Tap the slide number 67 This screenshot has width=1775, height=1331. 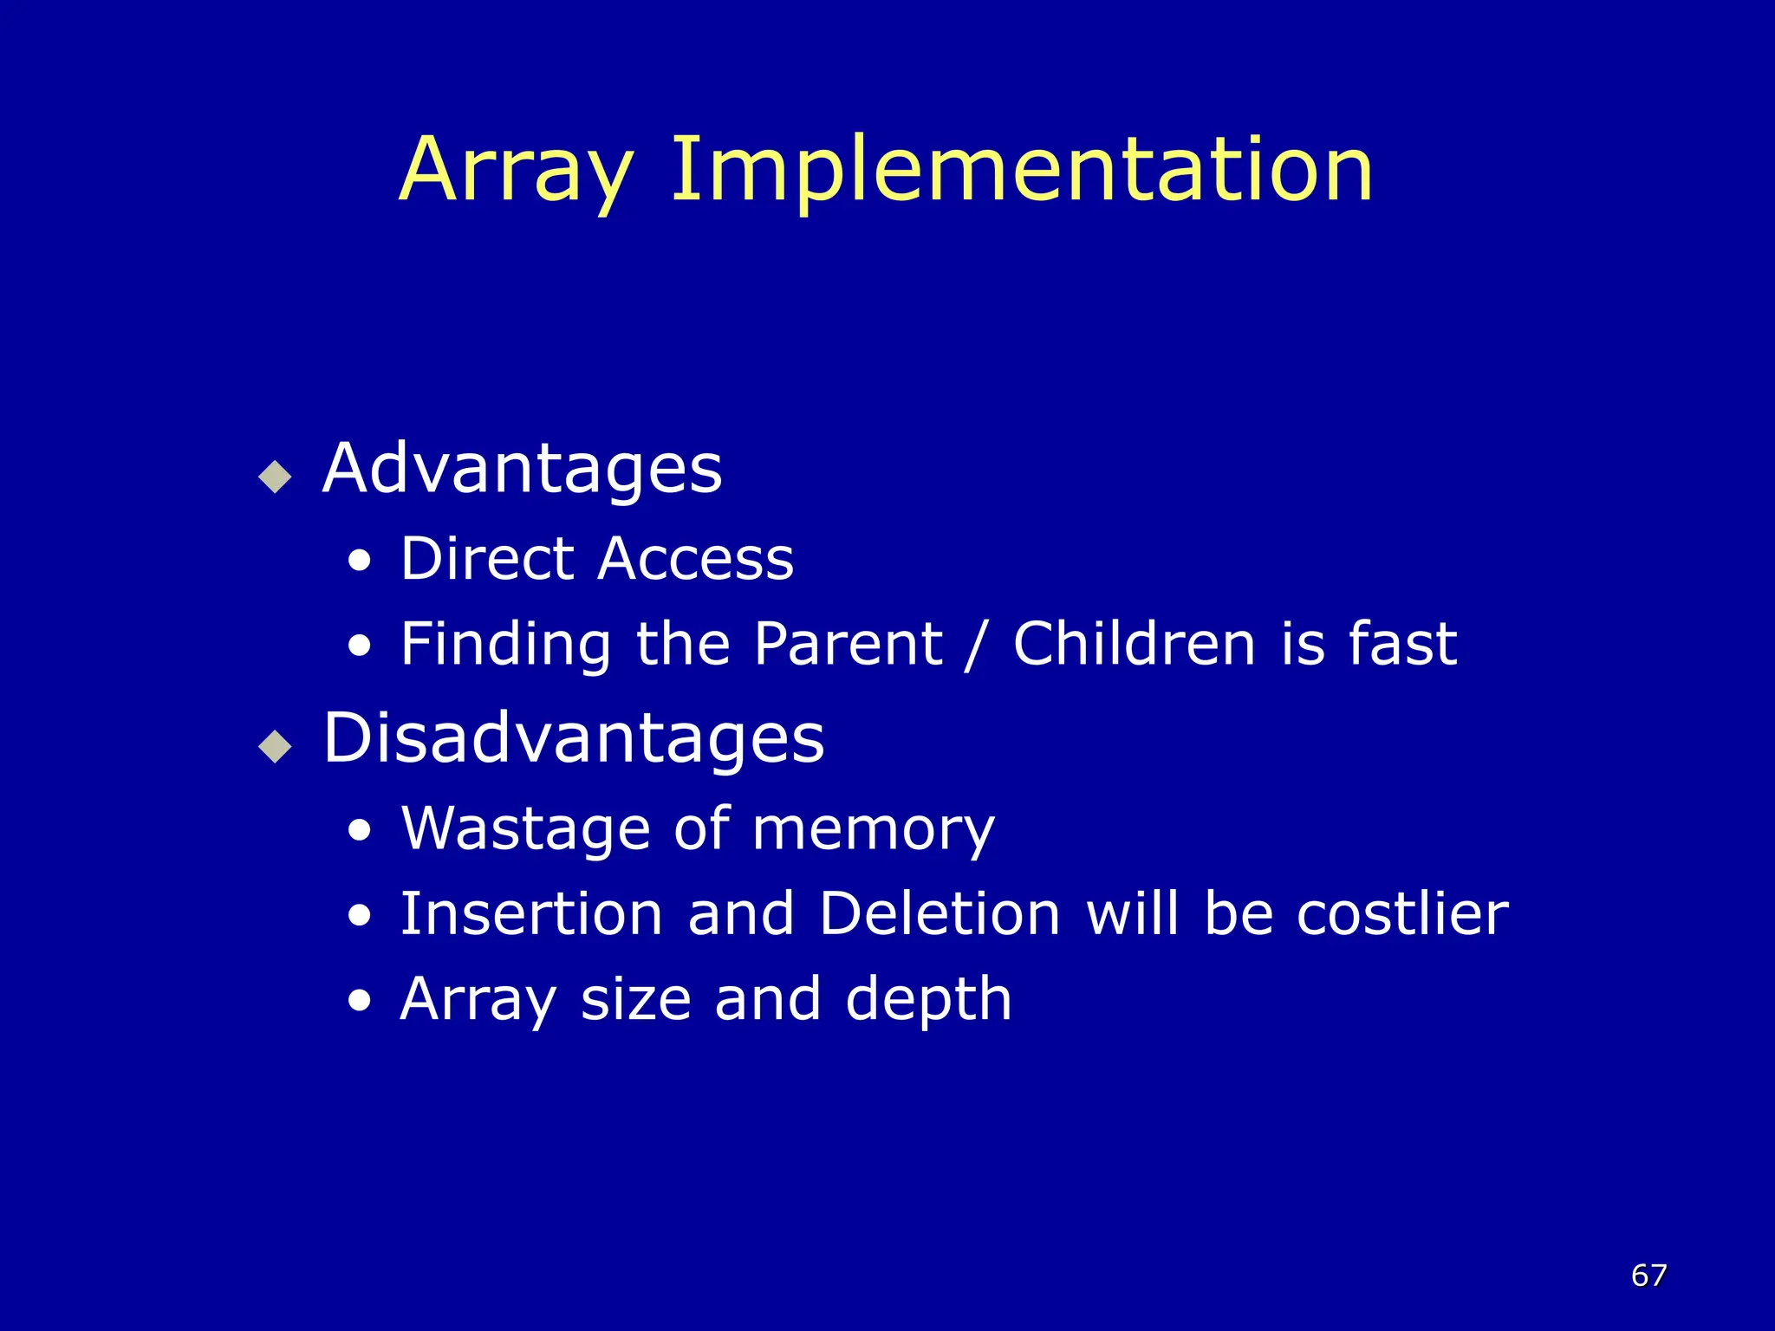[x=1648, y=1276]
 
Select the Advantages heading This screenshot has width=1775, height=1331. [x=522, y=469]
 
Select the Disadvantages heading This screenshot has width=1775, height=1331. [x=573, y=738]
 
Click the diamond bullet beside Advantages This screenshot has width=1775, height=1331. [x=276, y=476]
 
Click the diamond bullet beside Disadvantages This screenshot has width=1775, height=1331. [x=276, y=745]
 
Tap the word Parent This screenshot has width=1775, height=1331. [x=848, y=644]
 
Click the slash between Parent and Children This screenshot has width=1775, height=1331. [x=977, y=646]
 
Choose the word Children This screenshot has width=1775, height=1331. [x=1135, y=644]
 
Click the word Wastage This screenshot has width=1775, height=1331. [x=525, y=829]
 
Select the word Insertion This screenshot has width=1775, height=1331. [x=531, y=913]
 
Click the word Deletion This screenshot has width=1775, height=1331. [x=940, y=913]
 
